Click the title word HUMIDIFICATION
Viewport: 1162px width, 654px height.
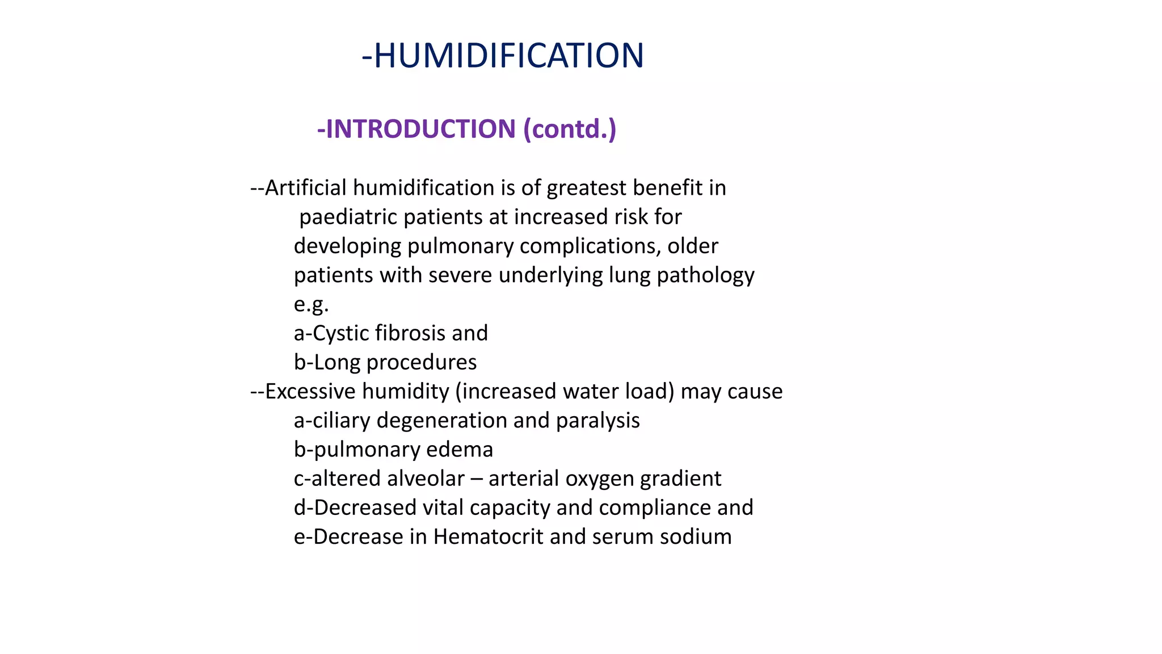509,56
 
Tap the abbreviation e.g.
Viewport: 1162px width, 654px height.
311,304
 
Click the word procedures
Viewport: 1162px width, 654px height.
422,362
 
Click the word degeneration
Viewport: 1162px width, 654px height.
441,421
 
